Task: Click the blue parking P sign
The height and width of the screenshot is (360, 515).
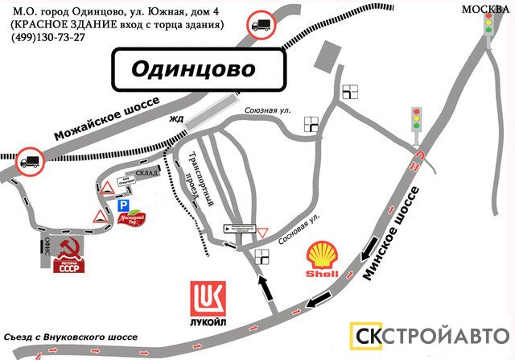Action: pos(124,205)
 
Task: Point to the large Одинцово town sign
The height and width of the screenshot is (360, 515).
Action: pos(198,70)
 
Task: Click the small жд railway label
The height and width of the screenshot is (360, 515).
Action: pos(176,121)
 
